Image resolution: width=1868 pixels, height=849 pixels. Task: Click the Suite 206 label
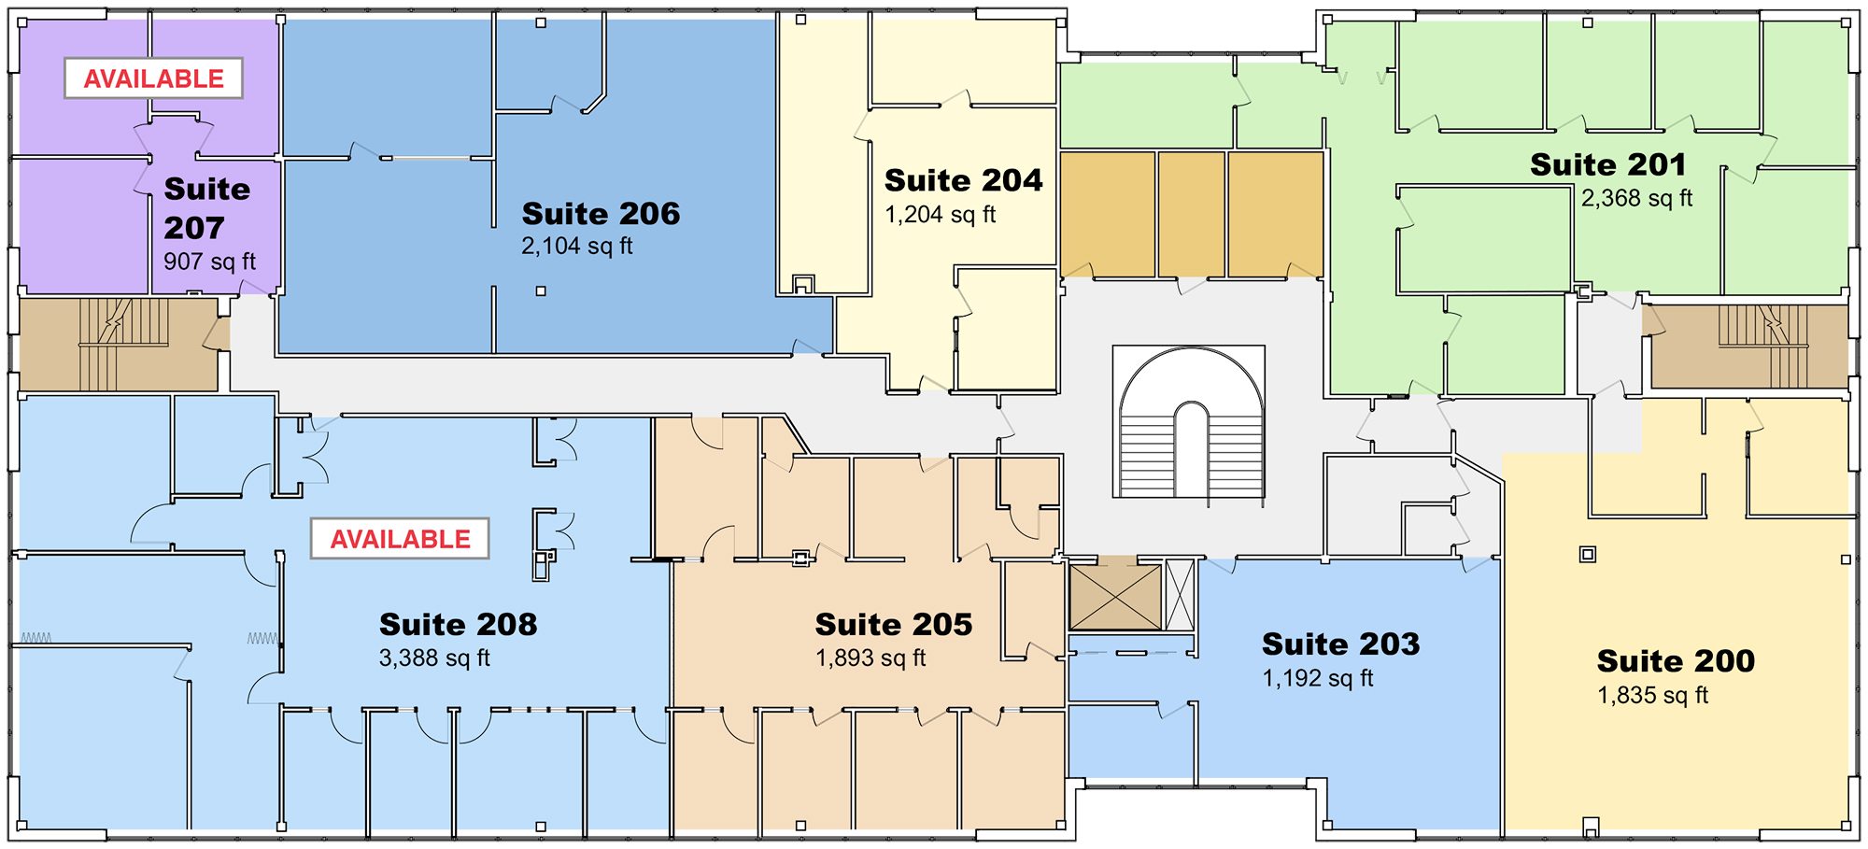coord(601,214)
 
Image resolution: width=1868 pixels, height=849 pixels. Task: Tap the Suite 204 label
coord(963,180)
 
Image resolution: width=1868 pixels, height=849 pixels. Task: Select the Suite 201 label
coord(1608,164)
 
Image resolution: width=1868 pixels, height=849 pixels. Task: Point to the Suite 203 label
coord(1340,644)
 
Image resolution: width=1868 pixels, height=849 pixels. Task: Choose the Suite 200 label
coord(1676,660)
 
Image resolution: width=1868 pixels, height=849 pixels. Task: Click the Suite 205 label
coord(894,624)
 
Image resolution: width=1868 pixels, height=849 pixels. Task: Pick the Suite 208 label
coord(458,624)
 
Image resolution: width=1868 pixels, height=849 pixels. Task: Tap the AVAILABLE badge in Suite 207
coord(154,78)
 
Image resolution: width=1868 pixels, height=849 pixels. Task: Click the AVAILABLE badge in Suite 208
coord(400,539)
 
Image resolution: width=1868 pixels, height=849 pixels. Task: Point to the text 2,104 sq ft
coord(577,247)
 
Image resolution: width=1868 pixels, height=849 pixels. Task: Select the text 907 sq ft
coord(209,262)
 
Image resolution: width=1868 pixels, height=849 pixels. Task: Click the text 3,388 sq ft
coord(434,658)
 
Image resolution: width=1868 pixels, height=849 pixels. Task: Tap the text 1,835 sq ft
coord(1652,696)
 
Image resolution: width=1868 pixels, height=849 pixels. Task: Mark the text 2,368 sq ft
coord(1636,198)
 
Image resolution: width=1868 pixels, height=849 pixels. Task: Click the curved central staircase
coord(1189,422)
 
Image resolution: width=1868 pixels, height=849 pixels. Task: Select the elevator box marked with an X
coord(1114,597)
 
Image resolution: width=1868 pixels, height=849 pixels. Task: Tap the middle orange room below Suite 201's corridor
coord(1191,215)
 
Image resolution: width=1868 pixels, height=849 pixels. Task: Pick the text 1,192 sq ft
coord(1317,678)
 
